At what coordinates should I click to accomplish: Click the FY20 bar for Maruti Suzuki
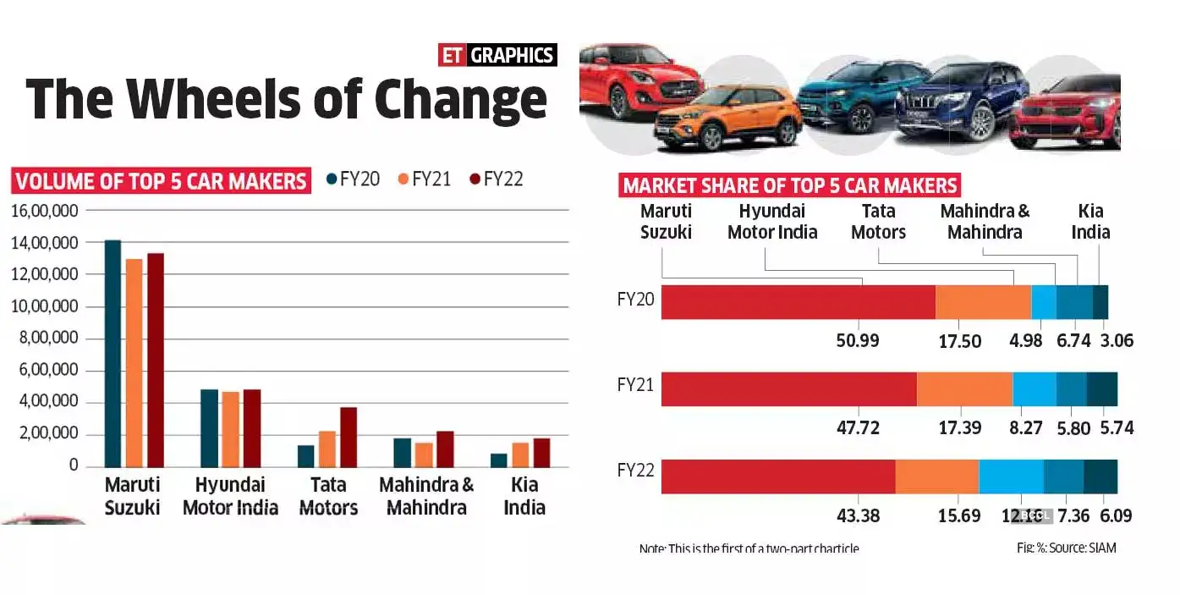[112, 353]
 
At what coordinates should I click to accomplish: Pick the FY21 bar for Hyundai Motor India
[229, 429]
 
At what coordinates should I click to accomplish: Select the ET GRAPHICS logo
[497, 56]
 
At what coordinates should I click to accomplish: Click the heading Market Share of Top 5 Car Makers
[790, 185]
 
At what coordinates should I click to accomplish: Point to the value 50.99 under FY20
[858, 341]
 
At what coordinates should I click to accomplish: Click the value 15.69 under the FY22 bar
[959, 515]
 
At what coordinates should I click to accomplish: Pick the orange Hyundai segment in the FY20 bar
[982, 302]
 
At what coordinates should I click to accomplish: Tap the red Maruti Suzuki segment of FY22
[777, 477]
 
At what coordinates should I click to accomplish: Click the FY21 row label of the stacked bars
[637, 384]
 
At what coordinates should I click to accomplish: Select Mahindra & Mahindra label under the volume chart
[426, 496]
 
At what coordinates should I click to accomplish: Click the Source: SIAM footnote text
[1067, 548]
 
